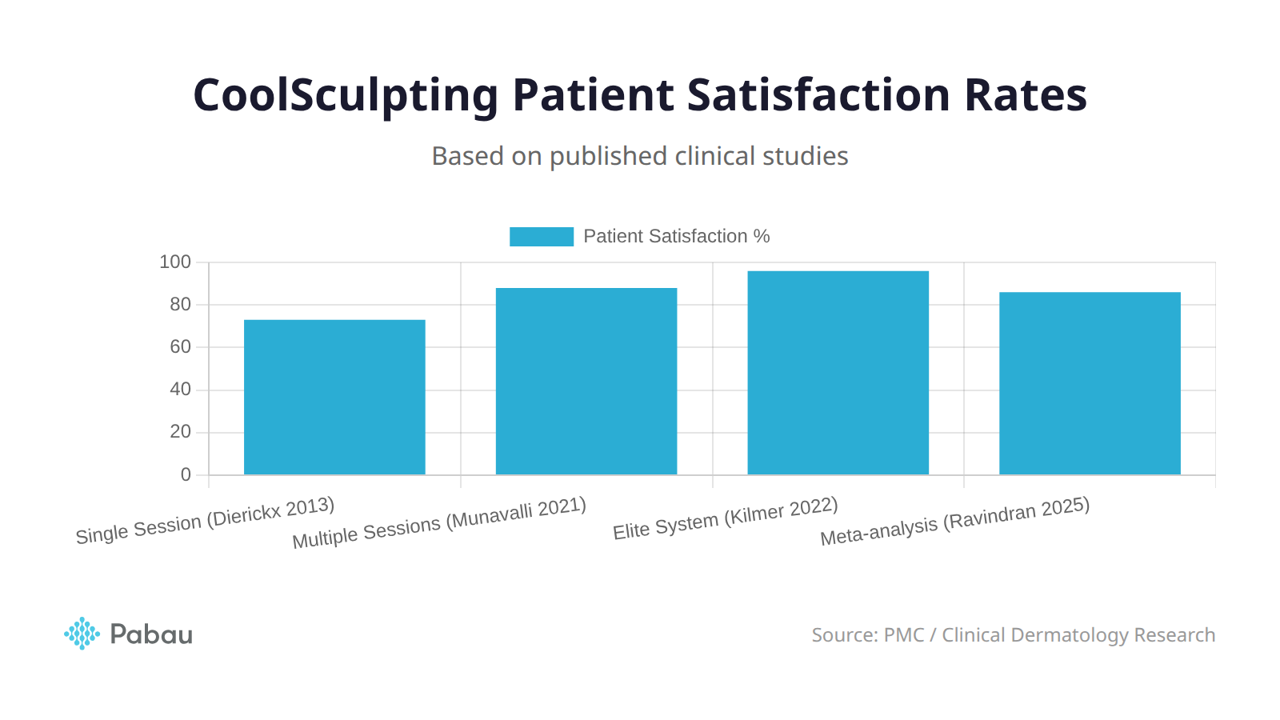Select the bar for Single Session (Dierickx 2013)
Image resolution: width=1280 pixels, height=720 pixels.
(334, 398)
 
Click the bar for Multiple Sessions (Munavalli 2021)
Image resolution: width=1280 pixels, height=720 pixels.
(586, 382)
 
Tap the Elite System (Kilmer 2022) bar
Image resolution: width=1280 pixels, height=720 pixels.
(838, 373)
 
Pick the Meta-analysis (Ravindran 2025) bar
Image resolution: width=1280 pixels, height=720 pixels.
(1090, 383)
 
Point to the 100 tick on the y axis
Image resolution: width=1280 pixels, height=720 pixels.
(175, 262)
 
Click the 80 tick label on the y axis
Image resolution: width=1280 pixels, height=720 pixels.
(180, 304)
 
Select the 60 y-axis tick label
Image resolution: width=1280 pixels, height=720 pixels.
(180, 346)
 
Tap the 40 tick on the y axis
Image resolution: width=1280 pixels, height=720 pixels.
(180, 389)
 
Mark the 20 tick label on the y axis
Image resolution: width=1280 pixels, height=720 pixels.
(180, 431)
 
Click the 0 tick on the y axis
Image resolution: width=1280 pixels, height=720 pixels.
(186, 474)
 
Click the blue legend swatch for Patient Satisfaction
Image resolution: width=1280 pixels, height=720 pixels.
(542, 236)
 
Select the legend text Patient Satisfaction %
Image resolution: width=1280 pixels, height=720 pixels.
(676, 236)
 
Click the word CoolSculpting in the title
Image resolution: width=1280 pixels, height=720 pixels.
(346, 96)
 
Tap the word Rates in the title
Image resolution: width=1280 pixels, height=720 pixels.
(1025, 94)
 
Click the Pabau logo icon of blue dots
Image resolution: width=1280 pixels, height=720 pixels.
(82, 634)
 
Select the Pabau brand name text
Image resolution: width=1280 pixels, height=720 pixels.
(151, 634)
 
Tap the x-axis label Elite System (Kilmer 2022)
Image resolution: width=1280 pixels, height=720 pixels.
(725, 518)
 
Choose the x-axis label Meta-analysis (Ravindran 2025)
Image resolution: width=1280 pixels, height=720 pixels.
(954, 521)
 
